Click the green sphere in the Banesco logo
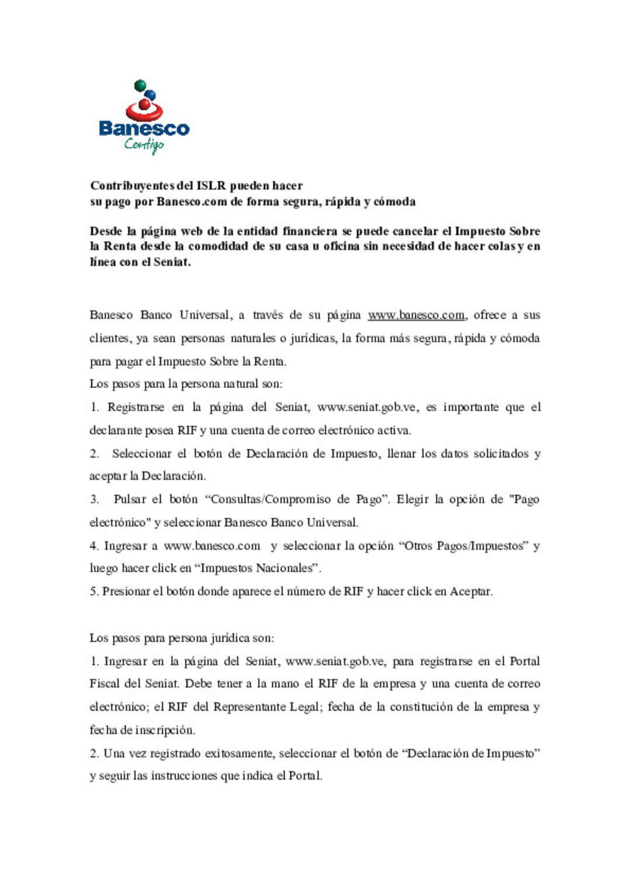click(140, 86)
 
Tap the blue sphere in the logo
click(150, 95)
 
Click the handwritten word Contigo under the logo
click(144, 144)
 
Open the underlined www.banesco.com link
click(416, 315)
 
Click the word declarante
click(115, 431)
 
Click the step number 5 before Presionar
click(93, 591)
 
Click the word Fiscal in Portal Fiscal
click(104, 684)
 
